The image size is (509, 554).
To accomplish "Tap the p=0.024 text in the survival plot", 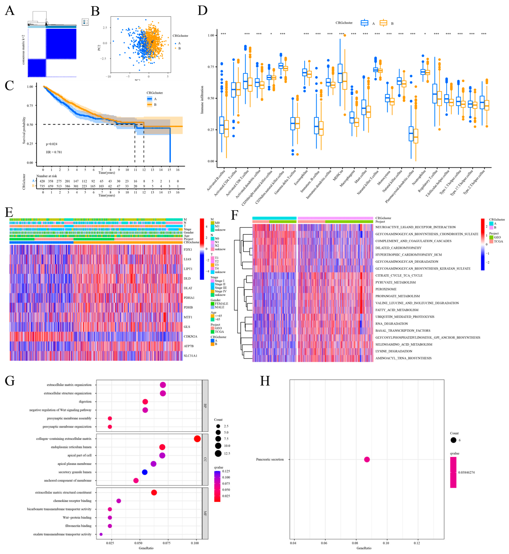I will pyautogui.click(x=51, y=144).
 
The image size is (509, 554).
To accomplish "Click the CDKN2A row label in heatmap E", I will pyautogui.click(x=190, y=336).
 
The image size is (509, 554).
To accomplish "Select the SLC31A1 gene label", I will pyautogui.click(x=190, y=355).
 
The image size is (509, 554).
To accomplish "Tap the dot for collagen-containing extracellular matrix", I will pyautogui.click(x=197, y=439).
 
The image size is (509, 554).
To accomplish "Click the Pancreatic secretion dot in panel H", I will pyautogui.click(x=367, y=459).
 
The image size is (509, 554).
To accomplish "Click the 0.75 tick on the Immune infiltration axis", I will pyautogui.click(x=211, y=67).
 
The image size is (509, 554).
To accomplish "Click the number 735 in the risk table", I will pyautogui.click(x=42, y=186).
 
